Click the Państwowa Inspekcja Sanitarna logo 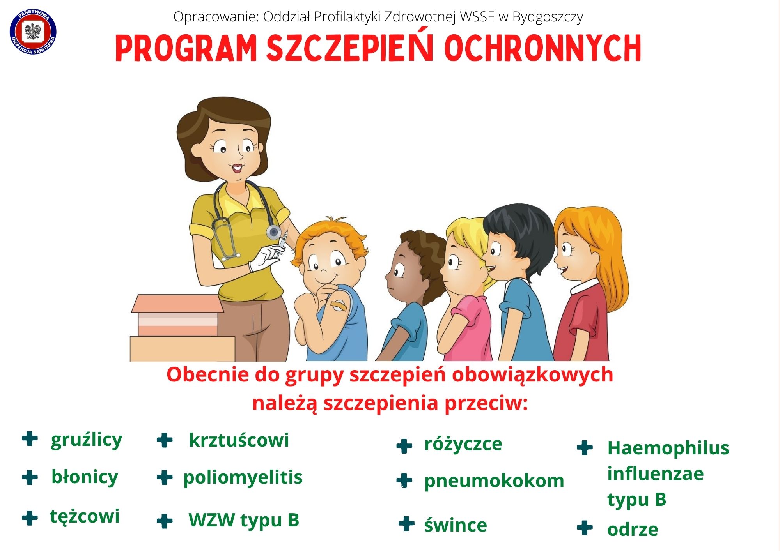tap(33, 32)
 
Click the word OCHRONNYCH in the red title tap(543, 48)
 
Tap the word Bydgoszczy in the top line tap(548, 17)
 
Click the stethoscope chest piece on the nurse tap(274, 232)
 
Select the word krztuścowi tap(239, 440)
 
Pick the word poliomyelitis tap(243, 478)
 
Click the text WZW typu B tap(244, 520)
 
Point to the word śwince tap(456, 525)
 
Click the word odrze tap(633, 530)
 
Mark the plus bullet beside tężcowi tap(30, 518)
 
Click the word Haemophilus tap(668, 448)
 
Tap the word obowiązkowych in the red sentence tap(532, 375)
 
